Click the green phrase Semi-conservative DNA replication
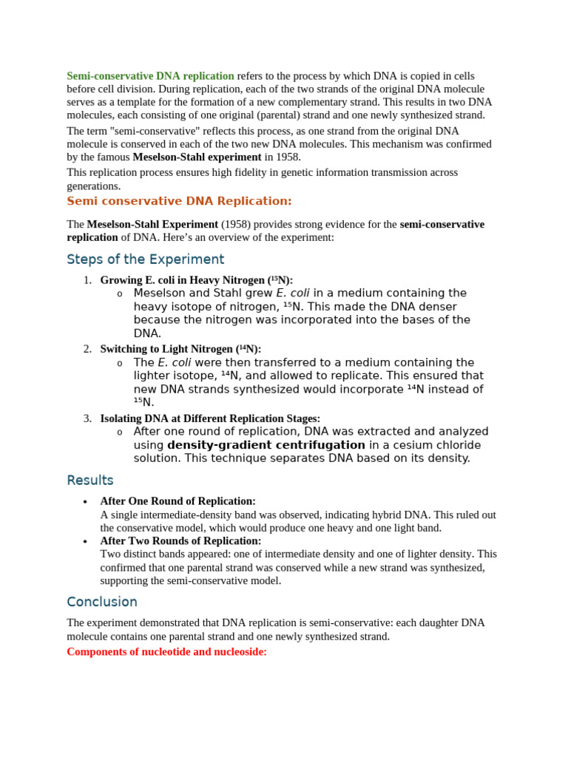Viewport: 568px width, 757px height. [x=150, y=76]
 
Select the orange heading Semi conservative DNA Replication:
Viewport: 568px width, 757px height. [x=179, y=201]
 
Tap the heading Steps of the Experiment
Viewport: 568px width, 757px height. [x=145, y=259]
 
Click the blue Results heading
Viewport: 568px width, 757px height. [x=89, y=481]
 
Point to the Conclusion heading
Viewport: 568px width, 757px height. [x=102, y=602]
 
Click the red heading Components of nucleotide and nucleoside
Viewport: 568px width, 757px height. [x=166, y=652]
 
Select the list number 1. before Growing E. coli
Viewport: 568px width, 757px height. [x=87, y=280]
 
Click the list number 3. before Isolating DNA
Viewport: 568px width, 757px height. [x=87, y=418]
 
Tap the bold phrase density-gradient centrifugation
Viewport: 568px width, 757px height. [x=266, y=445]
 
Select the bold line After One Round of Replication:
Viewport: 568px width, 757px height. [x=177, y=501]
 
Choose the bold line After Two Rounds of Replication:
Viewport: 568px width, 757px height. [x=180, y=541]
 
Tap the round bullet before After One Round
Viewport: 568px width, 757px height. [x=86, y=502]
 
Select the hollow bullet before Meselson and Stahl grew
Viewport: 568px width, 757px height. [x=120, y=294]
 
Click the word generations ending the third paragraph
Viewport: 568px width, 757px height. [x=93, y=186]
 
